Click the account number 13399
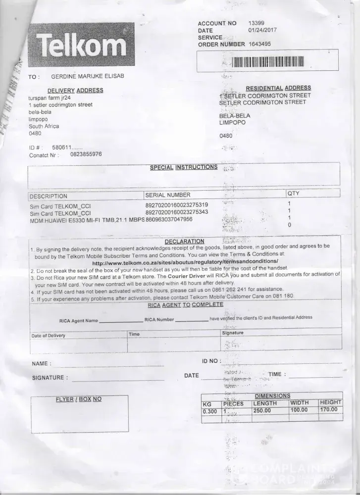click(x=257, y=23)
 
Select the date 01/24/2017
click(x=262, y=30)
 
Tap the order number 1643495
click(x=260, y=44)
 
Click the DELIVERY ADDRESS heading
click(x=75, y=90)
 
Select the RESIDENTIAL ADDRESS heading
click(x=278, y=88)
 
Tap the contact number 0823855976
click(x=86, y=154)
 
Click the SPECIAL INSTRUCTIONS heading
click(x=184, y=167)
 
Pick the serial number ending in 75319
click(x=176, y=205)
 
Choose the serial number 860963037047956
click(x=169, y=219)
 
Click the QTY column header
click(x=293, y=193)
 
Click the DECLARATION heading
click(x=184, y=241)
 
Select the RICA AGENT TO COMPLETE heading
click(x=185, y=305)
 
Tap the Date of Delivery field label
click(x=49, y=336)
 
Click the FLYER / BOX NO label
click(x=79, y=399)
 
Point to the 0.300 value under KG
click(x=210, y=411)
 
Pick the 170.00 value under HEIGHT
click(x=329, y=409)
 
